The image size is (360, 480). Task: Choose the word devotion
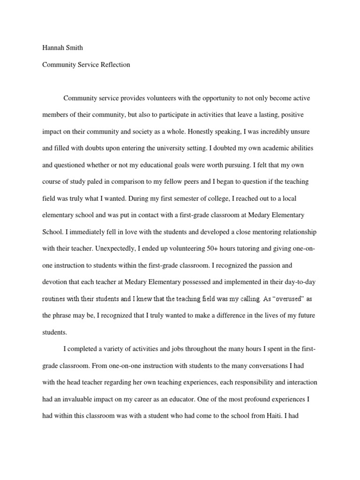pyautogui.click(x=55, y=282)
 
